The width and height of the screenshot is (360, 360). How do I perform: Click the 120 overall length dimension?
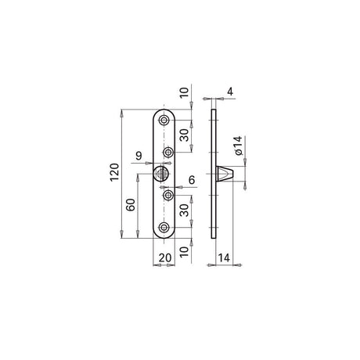point(114,172)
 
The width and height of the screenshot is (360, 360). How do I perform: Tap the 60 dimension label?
point(131,205)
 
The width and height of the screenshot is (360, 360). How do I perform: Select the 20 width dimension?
point(165,257)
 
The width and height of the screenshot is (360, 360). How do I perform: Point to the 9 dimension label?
point(139,156)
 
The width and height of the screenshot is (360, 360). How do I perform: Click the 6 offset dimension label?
point(192,180)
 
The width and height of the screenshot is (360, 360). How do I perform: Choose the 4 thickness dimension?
point(230,92)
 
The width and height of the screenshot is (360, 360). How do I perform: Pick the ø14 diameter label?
point(238,146)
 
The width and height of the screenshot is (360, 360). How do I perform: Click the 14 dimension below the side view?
point(224,257)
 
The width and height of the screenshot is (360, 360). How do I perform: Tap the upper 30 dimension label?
point(185,135)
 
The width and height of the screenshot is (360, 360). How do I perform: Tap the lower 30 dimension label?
point(185,211)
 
